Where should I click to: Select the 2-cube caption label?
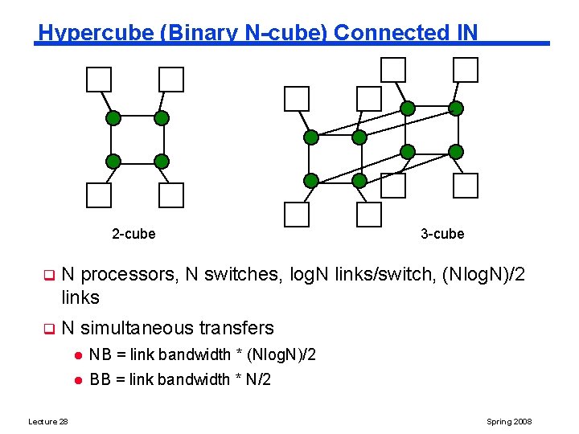(x=133, y=234)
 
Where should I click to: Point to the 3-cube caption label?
(x=442, y=234)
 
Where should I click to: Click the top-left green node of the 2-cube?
(x=113, y=118)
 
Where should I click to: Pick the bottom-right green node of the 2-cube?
(x=161, y=160)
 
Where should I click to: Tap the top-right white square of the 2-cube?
(x=171, y=80)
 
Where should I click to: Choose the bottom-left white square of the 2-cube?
(x=99, y=195)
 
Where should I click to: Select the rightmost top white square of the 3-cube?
(x=466, y=70)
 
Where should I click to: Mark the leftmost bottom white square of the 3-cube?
(x=297, y=215)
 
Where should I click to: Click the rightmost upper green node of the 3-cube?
(x=456, y=108)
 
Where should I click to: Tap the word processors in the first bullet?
(x=129, y=275)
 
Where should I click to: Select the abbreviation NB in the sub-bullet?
(x=100, y=354)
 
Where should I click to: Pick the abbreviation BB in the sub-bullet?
(x=100, y=379)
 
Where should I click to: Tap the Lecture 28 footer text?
(x=48, y=422)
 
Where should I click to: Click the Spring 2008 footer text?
(x=509, y=422)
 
